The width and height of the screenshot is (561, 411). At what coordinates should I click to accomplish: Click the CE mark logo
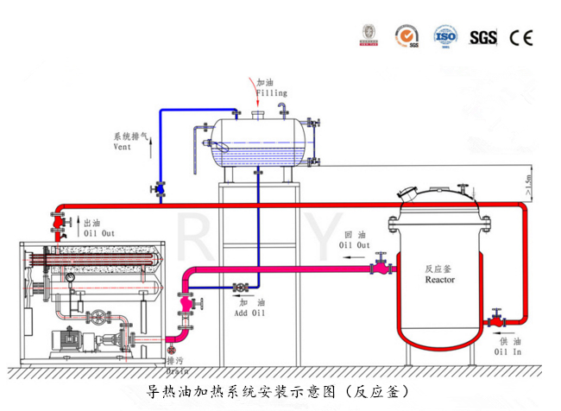(x=521, y=37)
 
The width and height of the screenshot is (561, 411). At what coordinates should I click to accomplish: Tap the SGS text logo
(x=482, y=37)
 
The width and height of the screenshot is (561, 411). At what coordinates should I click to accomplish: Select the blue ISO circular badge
(x=444, y=36)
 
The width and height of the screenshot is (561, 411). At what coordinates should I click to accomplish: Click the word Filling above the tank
(x=271, y=92)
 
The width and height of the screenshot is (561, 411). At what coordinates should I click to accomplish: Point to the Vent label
(x=123, y=147)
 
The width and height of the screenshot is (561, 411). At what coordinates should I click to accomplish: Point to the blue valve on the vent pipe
(x=161, y=187)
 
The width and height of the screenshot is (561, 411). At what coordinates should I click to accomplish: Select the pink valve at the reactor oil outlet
(x=381, y=268)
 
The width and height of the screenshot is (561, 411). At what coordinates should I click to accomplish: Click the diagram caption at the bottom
(x=280, y=391)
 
